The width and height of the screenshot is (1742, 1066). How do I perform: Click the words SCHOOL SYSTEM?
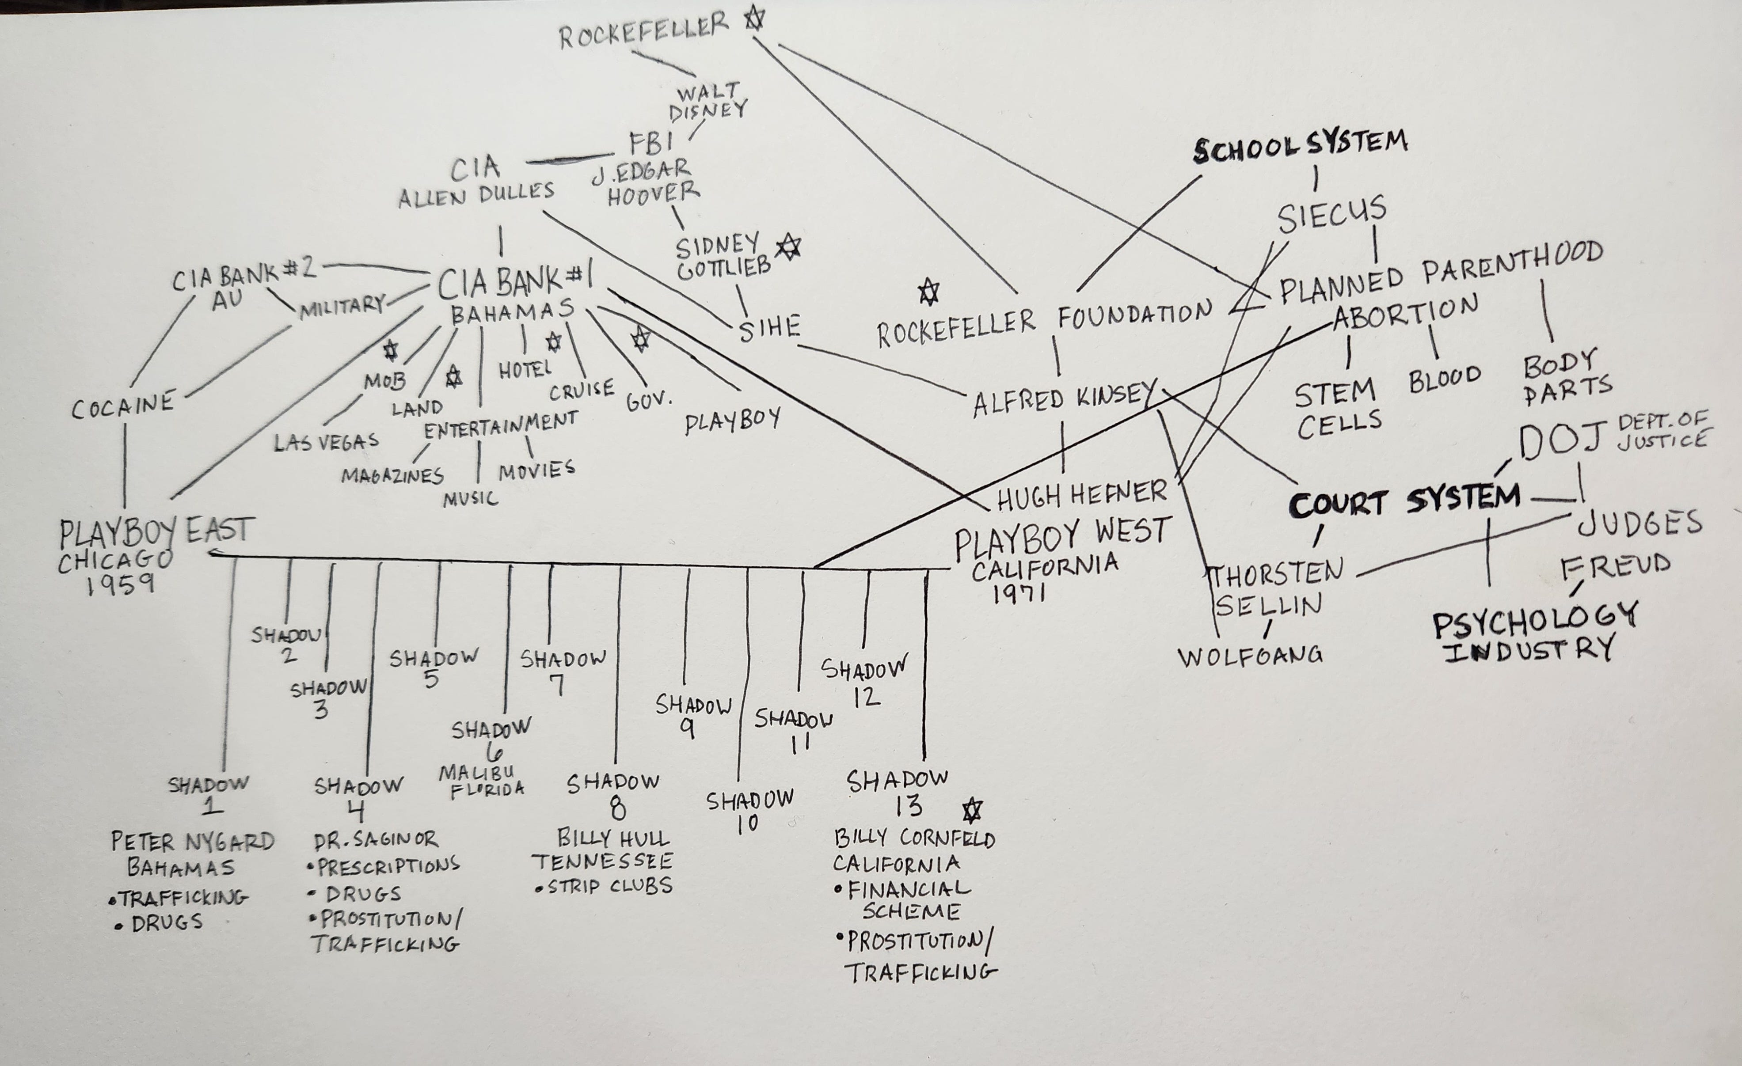tap(1300, 147)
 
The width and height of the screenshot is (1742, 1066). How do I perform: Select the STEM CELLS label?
tap(1337, 409)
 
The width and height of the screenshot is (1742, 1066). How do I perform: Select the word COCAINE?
tap(123, 405)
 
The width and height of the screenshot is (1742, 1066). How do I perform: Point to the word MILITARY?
tap(342, 307)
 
